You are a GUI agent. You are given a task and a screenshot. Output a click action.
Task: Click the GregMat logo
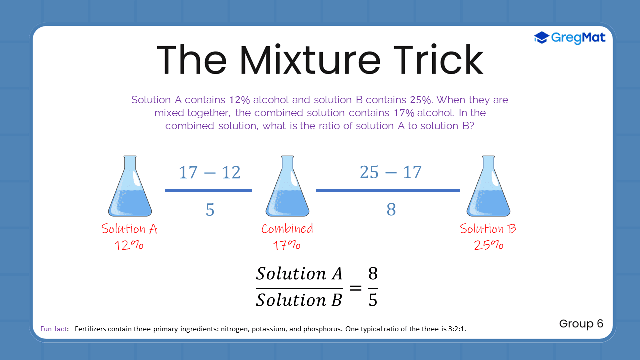coord(570,37)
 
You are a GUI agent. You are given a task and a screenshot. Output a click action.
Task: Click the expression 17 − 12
coord(209,173)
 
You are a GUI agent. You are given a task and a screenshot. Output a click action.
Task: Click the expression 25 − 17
coord(390,172)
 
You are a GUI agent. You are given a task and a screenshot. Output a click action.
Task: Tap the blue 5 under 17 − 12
coord(210,210)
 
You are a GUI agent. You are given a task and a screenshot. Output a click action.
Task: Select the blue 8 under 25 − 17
coord(391,210)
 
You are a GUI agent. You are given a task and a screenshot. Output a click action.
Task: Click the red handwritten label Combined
coord(287,229)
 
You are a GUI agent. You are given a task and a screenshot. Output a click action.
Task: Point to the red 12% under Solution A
coord(129,245)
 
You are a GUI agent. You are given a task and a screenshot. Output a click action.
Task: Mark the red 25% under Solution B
coord(488,245)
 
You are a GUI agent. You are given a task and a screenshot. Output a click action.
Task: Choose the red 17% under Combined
coord(287,245)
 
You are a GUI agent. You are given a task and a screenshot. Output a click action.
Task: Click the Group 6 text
coord(581,324)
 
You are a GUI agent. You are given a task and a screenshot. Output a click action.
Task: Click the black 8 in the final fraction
coord(373,274)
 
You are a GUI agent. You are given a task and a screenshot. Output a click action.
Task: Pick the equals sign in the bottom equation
coord(355,287)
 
